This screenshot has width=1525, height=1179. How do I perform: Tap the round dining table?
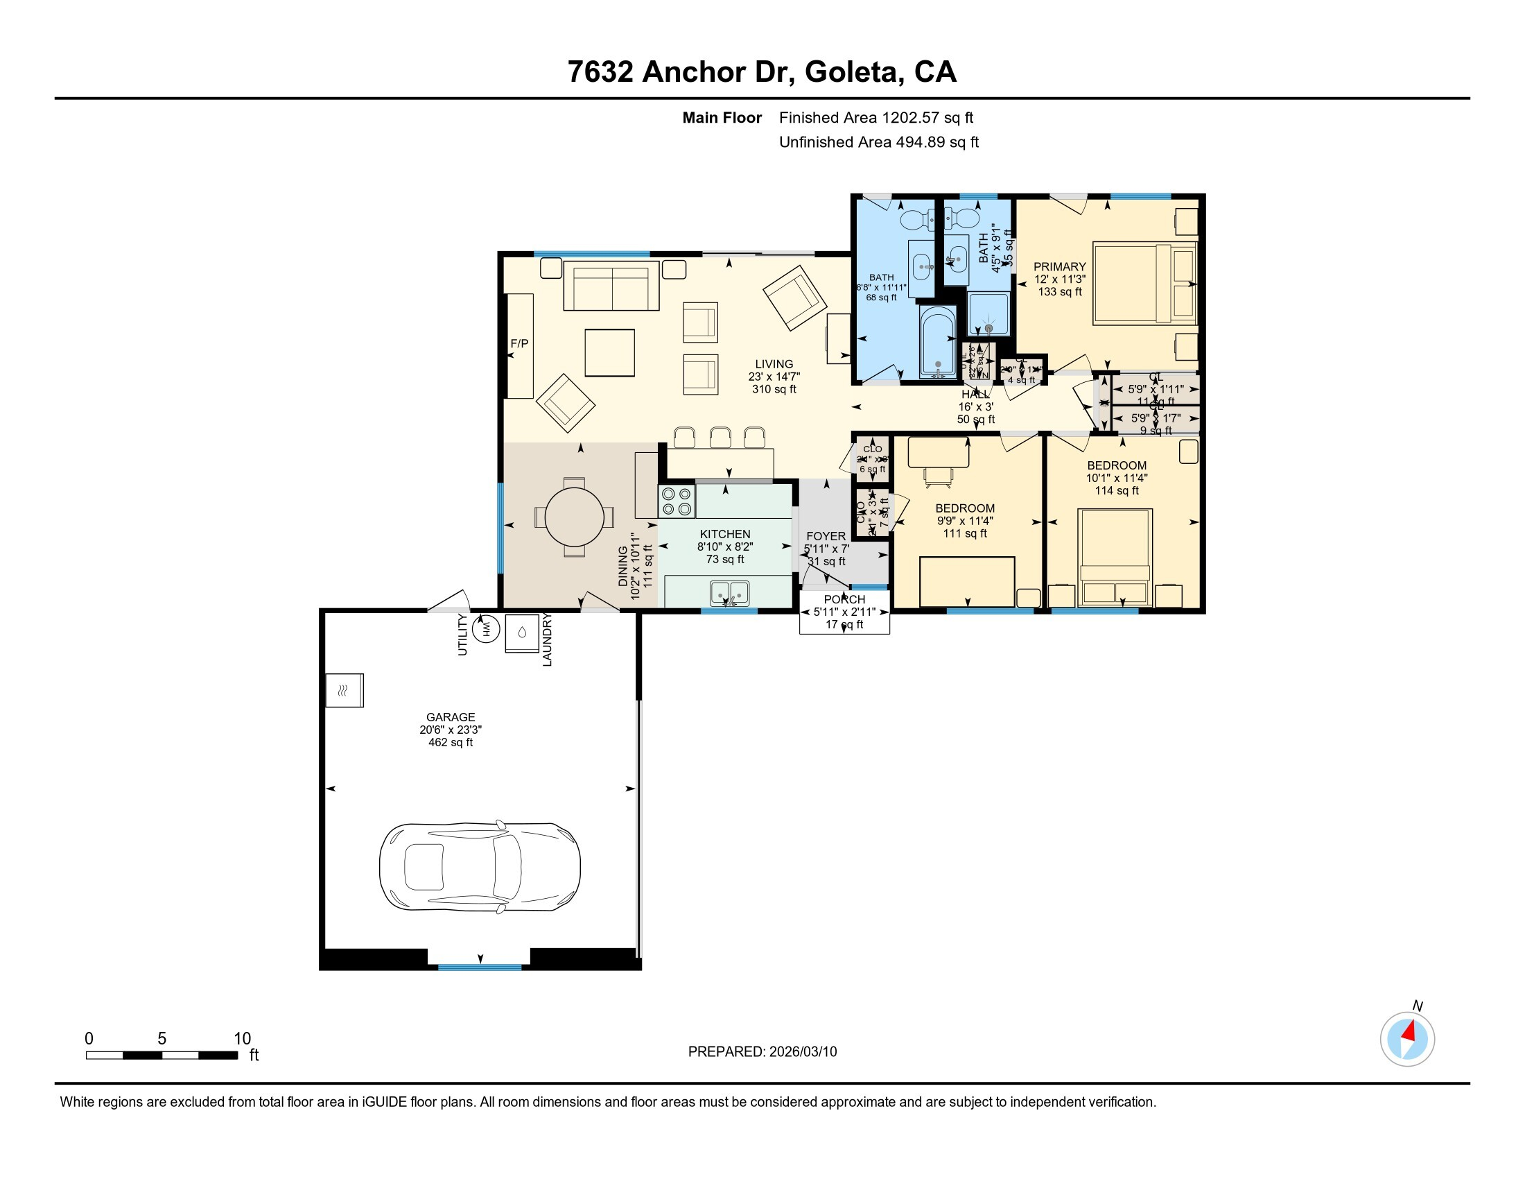[574, 517]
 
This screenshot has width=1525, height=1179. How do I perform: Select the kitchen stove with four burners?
[677, 501]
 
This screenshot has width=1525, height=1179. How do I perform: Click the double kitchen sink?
[730, 593]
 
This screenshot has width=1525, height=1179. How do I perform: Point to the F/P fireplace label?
[519, 343]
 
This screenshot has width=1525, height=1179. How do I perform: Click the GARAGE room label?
[451, 717]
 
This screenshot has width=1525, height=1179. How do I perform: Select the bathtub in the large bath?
[938, 342]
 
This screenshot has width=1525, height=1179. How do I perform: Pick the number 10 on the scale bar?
[242, 1039]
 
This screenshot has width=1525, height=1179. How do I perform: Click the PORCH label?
[844, 599]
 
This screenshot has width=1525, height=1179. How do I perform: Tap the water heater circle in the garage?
[486, 629]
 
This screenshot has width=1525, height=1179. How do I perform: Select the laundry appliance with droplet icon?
[522, 632]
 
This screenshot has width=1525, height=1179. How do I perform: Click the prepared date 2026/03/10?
[803, 1052]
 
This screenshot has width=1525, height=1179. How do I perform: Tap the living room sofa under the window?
[611, 286]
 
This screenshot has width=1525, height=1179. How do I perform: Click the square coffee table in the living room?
[609, 353]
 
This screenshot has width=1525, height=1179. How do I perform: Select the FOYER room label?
[826, 536]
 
